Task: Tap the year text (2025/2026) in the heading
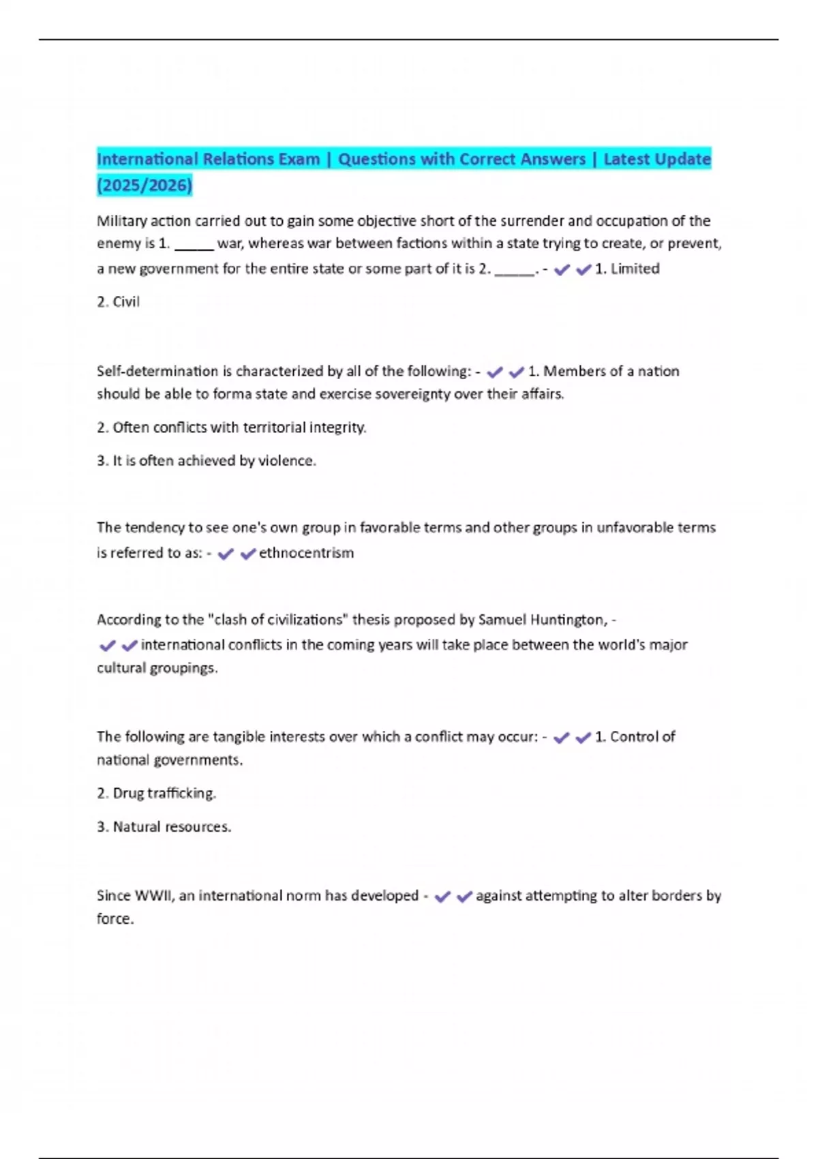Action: [x=145, y=185]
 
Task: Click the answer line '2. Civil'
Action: [x=119, y=302]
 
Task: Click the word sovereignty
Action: [x=412, y=394]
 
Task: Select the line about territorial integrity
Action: [x=232, y=427]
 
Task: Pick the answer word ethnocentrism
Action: [x=306, y=553]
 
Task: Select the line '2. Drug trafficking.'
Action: [x=157, y=794]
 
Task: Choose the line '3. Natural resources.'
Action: [x=164, y=827]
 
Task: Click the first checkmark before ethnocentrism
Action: [x=225, y=554]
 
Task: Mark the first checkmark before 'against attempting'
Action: [x=442, y=897]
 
